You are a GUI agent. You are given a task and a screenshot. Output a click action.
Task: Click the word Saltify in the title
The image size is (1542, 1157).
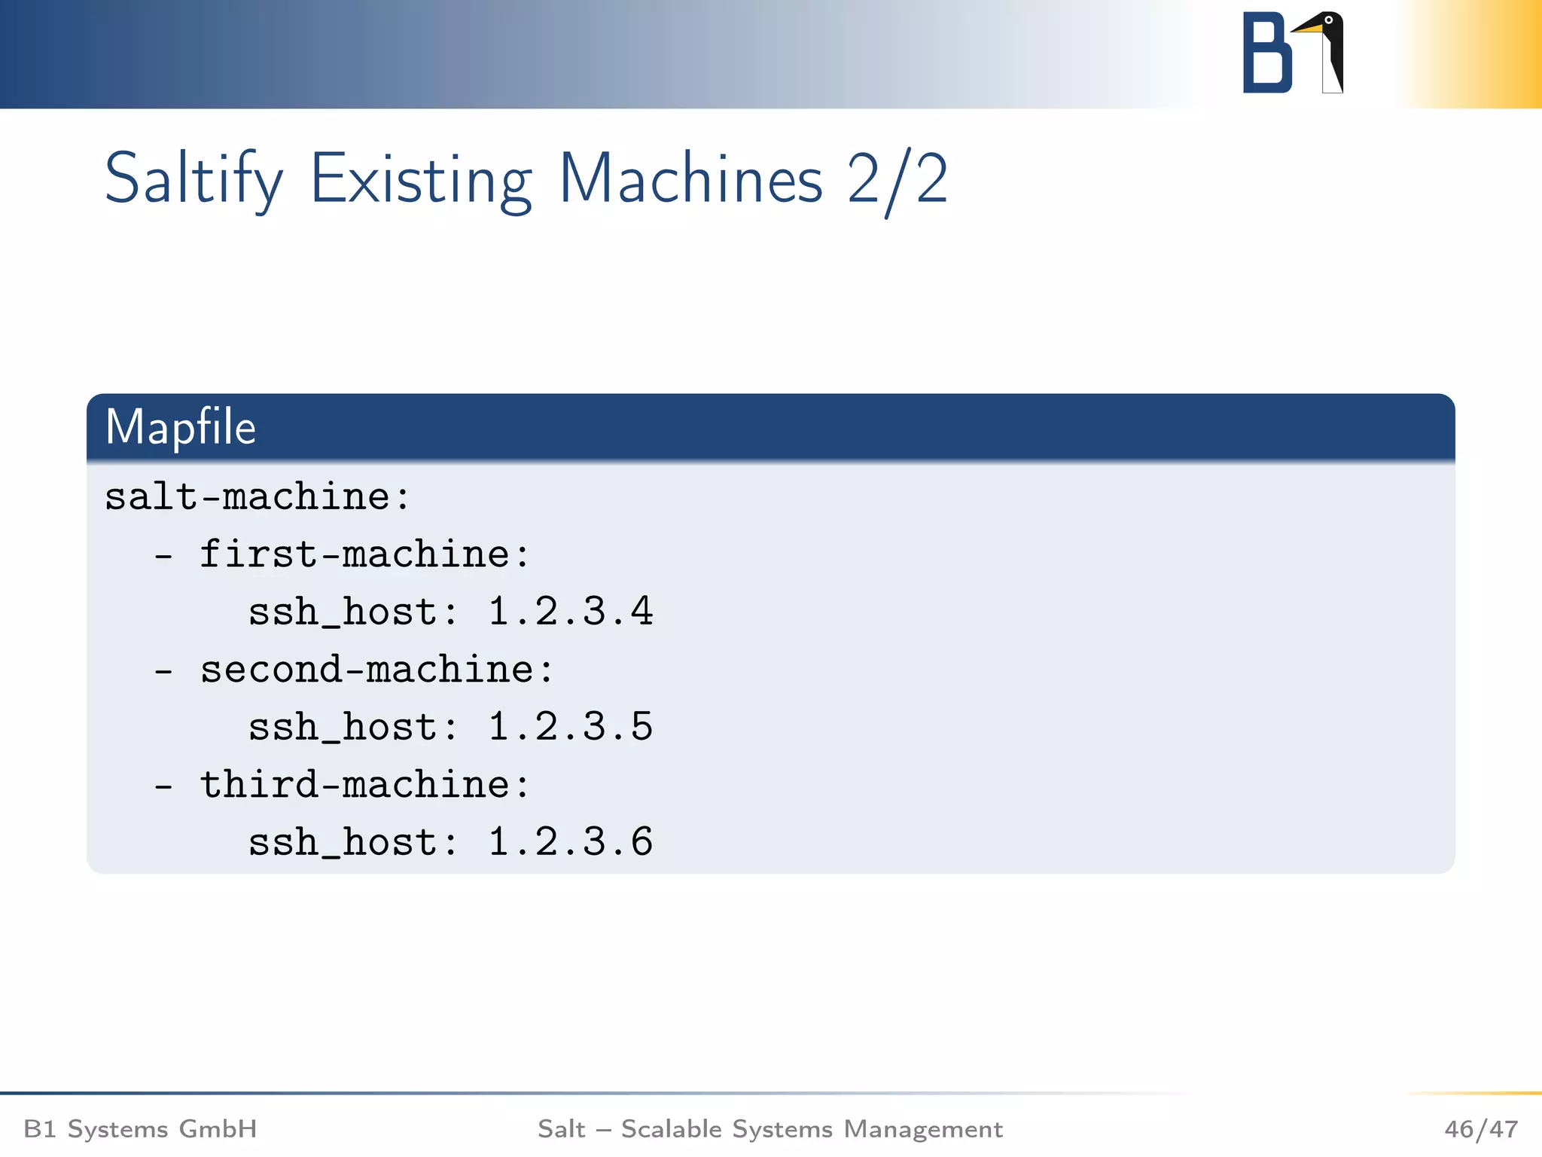(x=194, y=179)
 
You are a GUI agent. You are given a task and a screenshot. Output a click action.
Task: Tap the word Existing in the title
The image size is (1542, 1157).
(x=421, y=179)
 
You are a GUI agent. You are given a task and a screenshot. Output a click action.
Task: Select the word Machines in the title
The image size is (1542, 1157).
(x=690, y=179)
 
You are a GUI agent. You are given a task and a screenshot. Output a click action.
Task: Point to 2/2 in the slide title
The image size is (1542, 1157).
(x=897, y=179)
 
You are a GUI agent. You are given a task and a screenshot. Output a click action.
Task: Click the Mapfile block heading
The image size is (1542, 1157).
(x=181, y=427)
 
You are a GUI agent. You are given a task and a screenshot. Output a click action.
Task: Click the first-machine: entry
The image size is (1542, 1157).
(x=364, y=555)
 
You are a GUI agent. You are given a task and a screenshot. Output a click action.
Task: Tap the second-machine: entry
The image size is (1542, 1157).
(x=376, y=670)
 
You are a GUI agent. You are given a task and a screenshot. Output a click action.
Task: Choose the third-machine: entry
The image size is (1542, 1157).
(x=364, y=785)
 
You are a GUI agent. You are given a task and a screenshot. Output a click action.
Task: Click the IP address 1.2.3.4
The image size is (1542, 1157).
(x=570, y=612)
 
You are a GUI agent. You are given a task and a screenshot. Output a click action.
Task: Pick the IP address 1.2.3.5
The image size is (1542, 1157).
(x=570, y=727)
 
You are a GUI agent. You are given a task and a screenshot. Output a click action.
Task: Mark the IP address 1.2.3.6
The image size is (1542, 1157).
(x=570, y=842)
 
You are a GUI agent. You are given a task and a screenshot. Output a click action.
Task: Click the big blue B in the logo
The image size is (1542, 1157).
(x=1266, y=53)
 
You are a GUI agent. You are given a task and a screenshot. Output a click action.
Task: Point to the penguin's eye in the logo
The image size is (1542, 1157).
(x=1329, y=20)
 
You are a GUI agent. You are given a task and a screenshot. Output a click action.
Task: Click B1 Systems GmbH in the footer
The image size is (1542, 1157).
(x=140, y=1129)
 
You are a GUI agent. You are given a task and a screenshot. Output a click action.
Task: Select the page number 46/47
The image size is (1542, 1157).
(x=1480, y=1129)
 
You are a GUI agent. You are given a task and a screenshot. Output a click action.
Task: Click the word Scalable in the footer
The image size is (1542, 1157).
(x=672, y=1129)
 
